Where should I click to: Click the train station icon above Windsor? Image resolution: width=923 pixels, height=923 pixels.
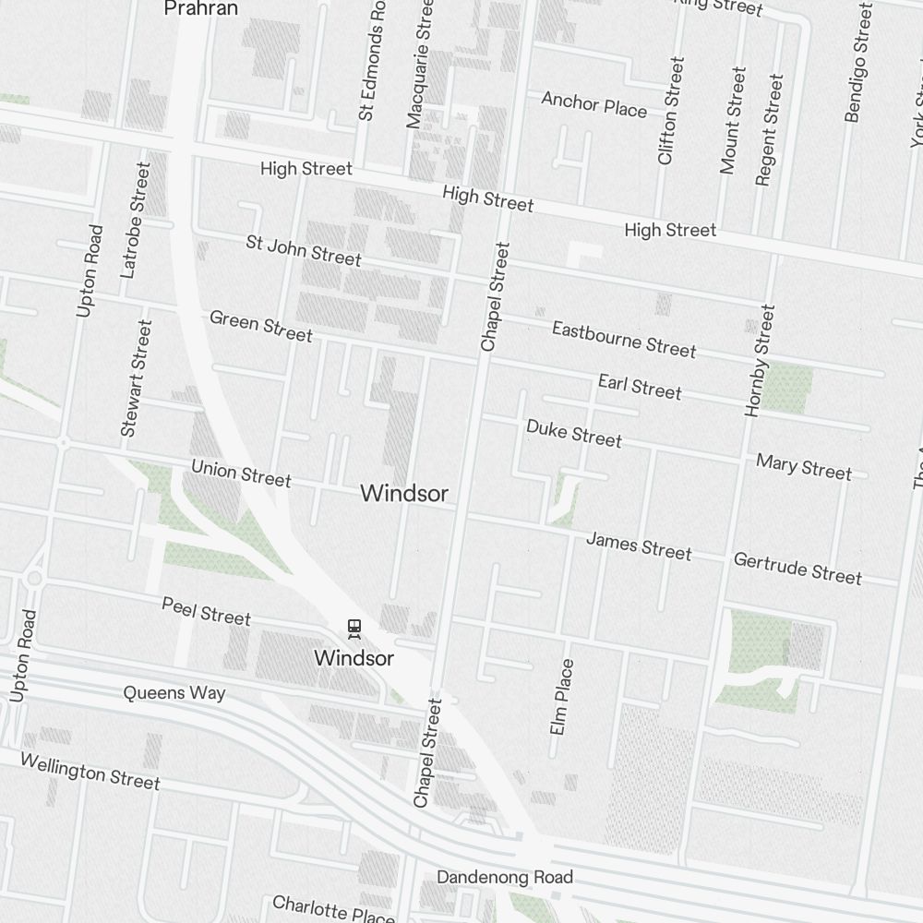(354, 629)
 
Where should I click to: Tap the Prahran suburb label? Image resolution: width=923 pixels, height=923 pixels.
(200, 9)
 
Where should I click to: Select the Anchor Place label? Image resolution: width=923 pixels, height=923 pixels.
(593, 104)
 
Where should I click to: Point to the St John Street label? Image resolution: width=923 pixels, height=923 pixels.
(304, 250)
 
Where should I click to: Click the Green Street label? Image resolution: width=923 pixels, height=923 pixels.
(261, 325)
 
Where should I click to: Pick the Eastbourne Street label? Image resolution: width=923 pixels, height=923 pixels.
(624, 338)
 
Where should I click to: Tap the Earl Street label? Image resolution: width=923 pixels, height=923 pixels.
(640, 386)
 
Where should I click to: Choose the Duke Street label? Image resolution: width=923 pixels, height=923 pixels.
(574, 432)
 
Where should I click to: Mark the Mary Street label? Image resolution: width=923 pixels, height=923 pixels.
(804, 466)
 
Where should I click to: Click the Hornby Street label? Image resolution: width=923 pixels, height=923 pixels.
(760, 360)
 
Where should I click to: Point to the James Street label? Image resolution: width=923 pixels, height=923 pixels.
(639, 545)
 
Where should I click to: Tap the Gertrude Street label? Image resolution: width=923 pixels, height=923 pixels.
(797, 568)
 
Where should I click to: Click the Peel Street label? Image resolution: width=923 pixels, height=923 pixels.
(206, 610)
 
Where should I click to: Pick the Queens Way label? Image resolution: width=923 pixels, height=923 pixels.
(174, 692)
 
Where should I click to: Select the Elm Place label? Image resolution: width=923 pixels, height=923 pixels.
(561, 697)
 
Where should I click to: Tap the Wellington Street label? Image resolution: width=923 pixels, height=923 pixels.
(90, 771)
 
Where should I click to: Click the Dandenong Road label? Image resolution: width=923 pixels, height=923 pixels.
(505, 877)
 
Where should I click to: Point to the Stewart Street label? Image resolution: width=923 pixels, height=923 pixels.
(135, 378)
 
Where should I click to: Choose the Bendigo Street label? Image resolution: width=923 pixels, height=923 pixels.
(858, 63)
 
